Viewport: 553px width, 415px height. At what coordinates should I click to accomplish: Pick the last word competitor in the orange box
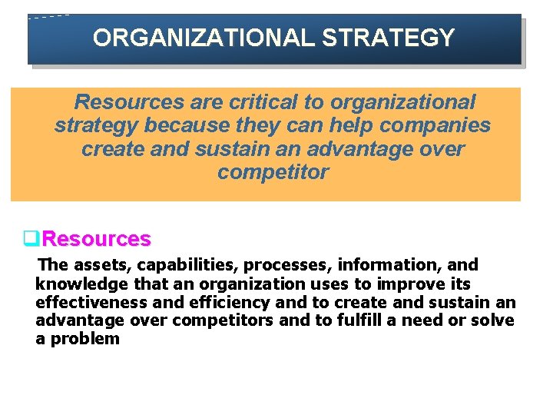pyautogui.click(x=273, y=172)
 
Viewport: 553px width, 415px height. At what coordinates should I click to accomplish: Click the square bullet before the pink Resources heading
pyautogui.click(x=31, y=239)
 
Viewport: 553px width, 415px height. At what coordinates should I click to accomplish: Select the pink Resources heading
pyautogui.click(x=97, y=239)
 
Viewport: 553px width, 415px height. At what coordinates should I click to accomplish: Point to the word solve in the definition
pyautogui.click(x=492, y=320)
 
